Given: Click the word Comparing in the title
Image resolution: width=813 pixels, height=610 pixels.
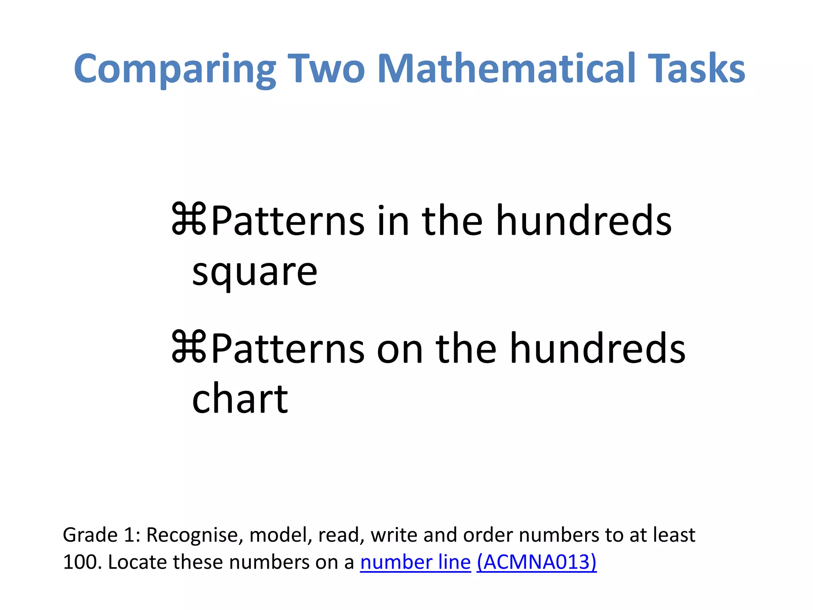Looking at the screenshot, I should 175,69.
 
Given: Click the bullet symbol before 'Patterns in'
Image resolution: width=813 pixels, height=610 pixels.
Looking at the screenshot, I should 189,219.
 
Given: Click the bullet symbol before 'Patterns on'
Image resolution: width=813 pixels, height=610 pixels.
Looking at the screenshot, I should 189,347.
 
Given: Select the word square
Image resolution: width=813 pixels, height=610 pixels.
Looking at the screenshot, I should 254,273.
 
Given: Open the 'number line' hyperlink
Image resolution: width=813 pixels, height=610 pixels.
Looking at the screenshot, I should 415,562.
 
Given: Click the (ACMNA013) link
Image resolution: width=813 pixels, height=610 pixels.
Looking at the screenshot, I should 536,562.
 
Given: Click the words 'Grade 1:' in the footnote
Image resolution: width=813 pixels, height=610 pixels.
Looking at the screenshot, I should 102,535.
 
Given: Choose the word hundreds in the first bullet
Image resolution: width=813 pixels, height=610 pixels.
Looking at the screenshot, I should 584,221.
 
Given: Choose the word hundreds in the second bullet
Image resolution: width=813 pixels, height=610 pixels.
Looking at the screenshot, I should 597,349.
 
